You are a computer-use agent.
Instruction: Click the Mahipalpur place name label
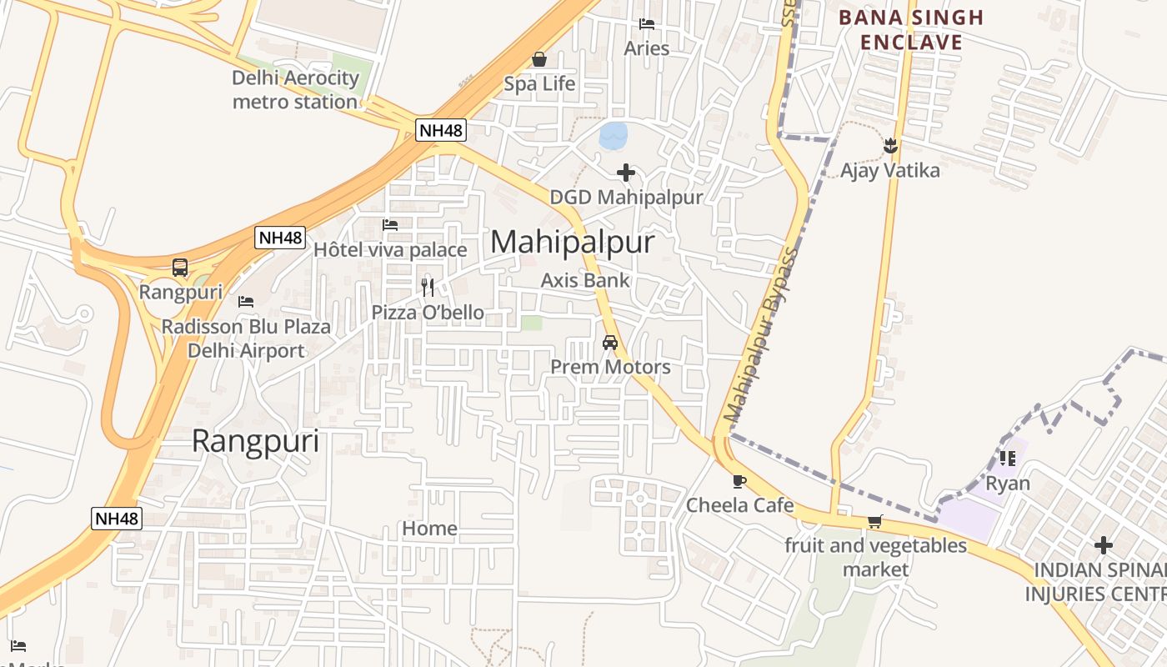(x=573, y=242)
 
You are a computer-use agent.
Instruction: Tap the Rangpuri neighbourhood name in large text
(x=255, y=440)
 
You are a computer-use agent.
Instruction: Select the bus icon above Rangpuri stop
(x=180, y=268)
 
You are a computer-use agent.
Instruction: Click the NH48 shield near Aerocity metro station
(x=441, y=130)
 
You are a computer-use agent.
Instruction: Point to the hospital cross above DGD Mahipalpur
(x=626, y=173)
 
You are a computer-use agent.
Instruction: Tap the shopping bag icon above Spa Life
(x=539, y=59)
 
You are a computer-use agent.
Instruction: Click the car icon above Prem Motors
(x=610, y=343)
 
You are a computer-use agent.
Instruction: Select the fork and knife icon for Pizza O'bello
(x=428, y=288)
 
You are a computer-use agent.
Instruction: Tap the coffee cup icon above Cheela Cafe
(x=739, y=481)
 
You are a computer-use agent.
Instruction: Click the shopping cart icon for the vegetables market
(x=874, y=522)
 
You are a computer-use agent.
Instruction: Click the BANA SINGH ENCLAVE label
(x=911, y=30)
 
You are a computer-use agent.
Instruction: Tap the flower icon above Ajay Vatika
(x=890, y=146)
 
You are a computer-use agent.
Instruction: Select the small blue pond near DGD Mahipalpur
(x=613, y=135)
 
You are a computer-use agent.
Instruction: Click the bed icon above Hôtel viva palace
(x=390, y=225)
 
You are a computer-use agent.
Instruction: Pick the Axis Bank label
(x=585, y=280)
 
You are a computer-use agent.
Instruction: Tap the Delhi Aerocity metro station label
(x=295, y=90)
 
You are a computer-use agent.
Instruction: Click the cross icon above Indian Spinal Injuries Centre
(x=1104, y=546)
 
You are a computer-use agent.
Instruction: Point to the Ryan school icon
(x=1008, y=458)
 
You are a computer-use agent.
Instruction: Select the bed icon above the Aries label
(x=647, y=24)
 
